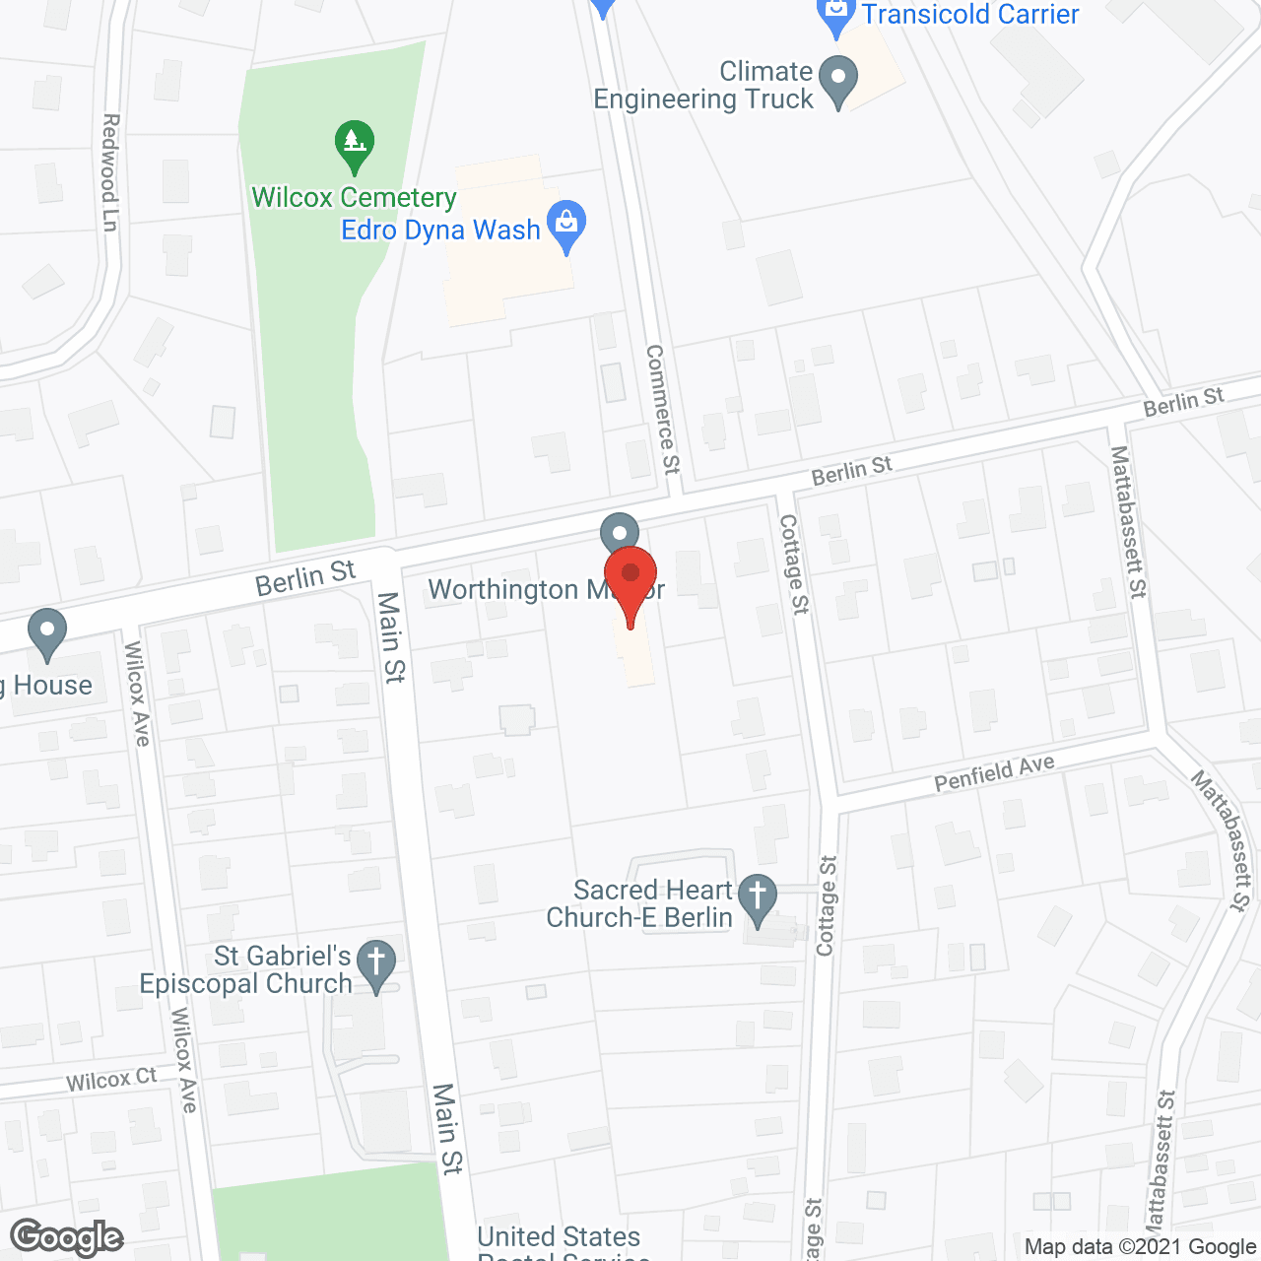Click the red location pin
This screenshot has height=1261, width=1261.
point(630,581)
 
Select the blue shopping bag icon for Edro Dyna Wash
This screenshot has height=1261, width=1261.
point(566,224)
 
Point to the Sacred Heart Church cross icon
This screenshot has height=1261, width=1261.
point(758,898)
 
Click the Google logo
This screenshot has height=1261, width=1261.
point(67,1237)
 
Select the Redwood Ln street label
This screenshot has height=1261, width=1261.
point(109,172)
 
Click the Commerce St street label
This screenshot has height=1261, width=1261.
point(663,409)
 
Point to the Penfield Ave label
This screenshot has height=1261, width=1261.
point(994,772)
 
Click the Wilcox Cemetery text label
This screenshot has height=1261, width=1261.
point(354,198)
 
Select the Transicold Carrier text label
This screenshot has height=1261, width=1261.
point(970,14)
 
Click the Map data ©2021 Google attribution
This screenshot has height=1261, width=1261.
point(1140,1247)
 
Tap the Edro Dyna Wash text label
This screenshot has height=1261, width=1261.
point(440,231)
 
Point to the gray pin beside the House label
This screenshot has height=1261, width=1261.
point(46,632)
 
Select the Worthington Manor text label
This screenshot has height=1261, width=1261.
point(546,590)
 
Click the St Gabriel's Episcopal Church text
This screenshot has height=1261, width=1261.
point(246,970)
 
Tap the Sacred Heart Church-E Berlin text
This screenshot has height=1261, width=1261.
point(640,904)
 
